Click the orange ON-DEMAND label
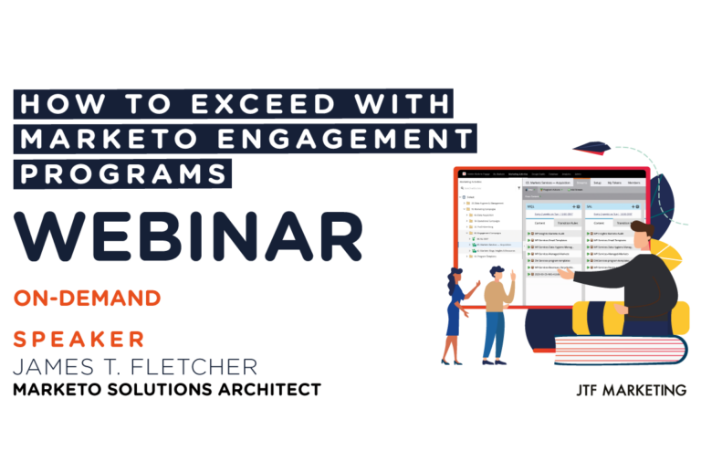pos(88,298)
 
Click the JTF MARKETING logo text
pos(631,390)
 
